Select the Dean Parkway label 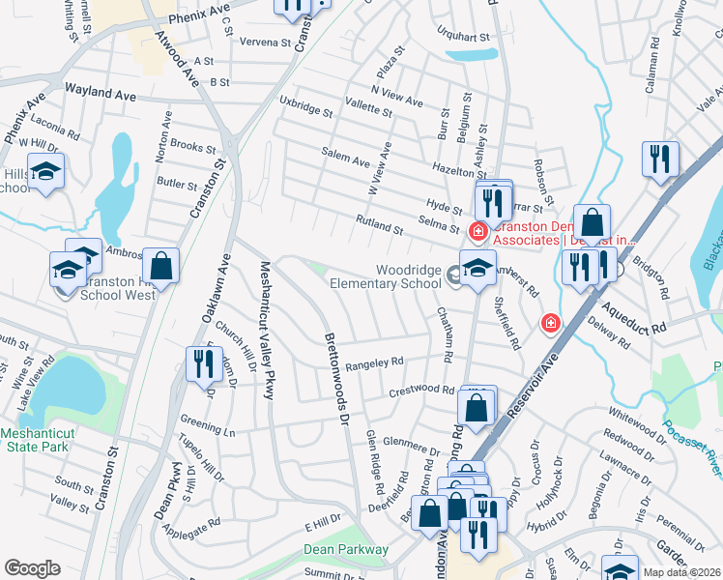346,549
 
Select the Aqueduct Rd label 634,317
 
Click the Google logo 32,568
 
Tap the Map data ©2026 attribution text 680,572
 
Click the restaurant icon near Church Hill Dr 202,364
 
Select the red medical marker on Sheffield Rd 550,321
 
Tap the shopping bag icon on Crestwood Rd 477,406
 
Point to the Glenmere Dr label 411,446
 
